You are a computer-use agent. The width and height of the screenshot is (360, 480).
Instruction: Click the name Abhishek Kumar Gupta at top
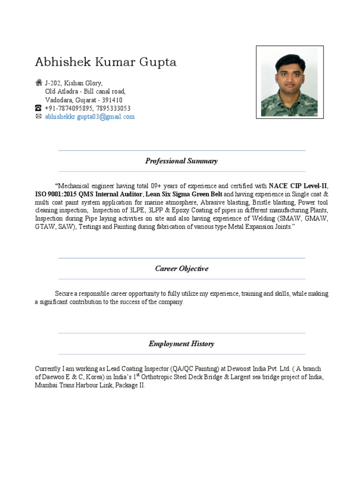tap(106, 62)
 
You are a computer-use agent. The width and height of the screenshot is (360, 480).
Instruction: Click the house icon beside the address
tap(39, 82)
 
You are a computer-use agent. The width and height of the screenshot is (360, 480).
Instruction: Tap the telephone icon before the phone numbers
tap(39, 108)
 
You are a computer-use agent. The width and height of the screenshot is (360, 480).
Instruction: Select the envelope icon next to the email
tap(39, 117)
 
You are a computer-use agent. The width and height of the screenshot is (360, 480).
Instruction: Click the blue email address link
tap(90, 117)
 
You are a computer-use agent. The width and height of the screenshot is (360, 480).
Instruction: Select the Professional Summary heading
tap(181, 161)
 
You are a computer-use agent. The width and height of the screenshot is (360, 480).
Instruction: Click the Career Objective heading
tap(181, 269)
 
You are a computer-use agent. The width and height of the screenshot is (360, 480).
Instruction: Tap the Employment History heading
tap(181, 344)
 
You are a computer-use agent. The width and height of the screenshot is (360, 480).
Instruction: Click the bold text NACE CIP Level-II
tap(298, 185)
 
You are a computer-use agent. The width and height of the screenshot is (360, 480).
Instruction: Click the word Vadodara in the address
tap(58, 100)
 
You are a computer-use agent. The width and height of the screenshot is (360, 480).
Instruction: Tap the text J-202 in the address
tap(53, 83)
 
